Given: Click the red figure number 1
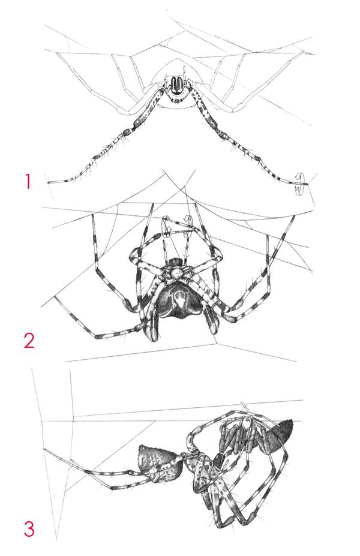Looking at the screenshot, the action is [x=28, y=182].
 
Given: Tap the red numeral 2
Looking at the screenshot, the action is [x=29, y=340].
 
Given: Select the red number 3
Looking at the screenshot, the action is [x=29, y=528].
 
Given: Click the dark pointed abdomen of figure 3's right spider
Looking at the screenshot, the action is [x=278, y=437].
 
